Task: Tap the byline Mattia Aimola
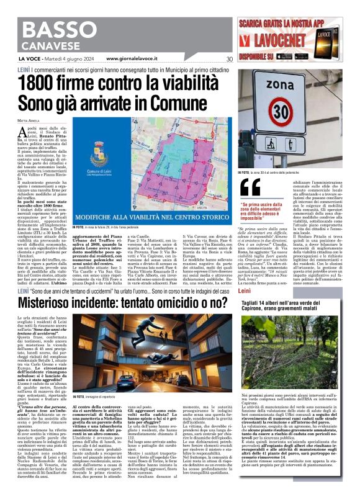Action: (x=27, y=119)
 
